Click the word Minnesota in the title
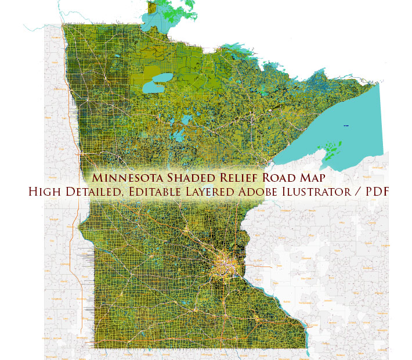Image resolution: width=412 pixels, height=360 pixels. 127,177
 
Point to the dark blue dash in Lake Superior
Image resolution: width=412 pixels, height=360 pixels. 346,125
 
